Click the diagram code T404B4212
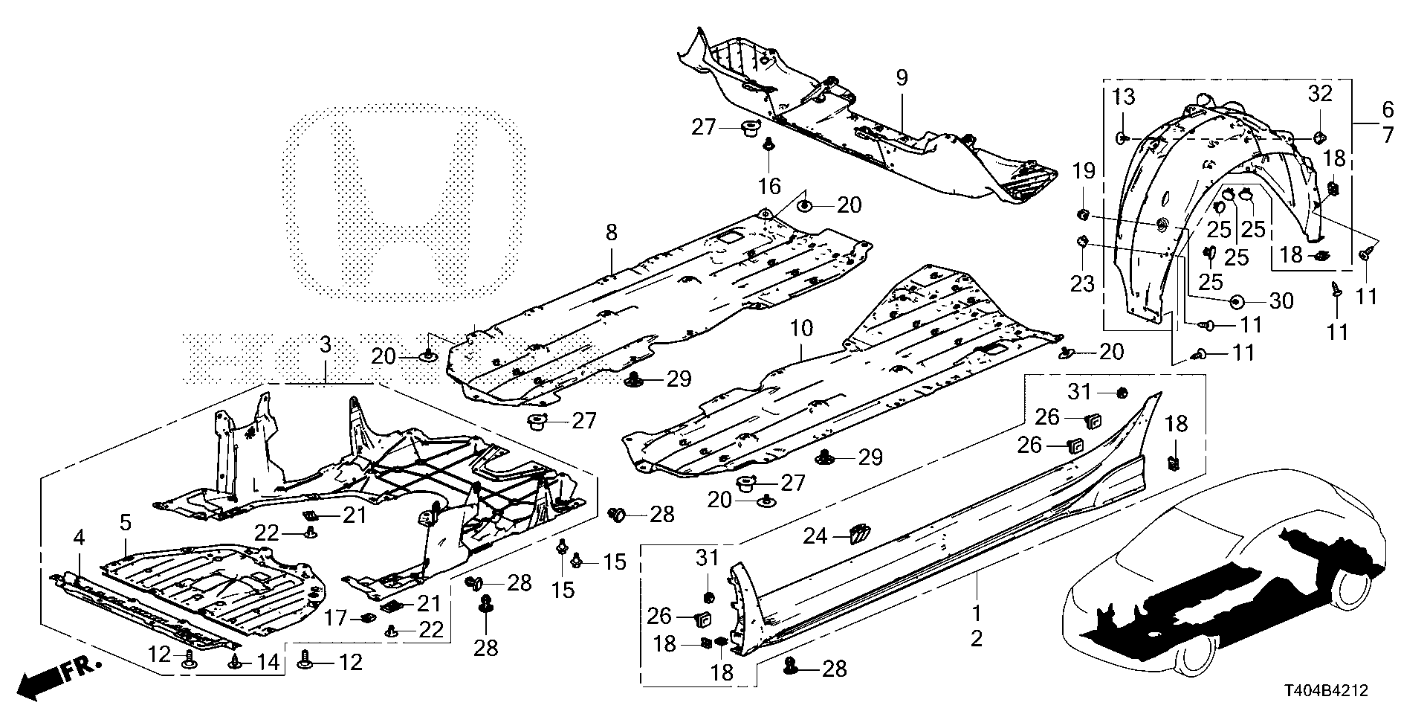click(x=1326, y=692)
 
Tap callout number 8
click(x=611, y=233)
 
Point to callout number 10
click(x=802, y=327)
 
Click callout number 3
click(x=325, y=345)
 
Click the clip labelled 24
click(x=858, y=533)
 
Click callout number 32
click(x=1321, y=94)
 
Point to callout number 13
click(x=1125, y=95)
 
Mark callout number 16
click(x=770, y=184)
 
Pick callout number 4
click(x=77, y=536)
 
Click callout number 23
click(x=1082, y=283)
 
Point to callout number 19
click(x=1084, y=173)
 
